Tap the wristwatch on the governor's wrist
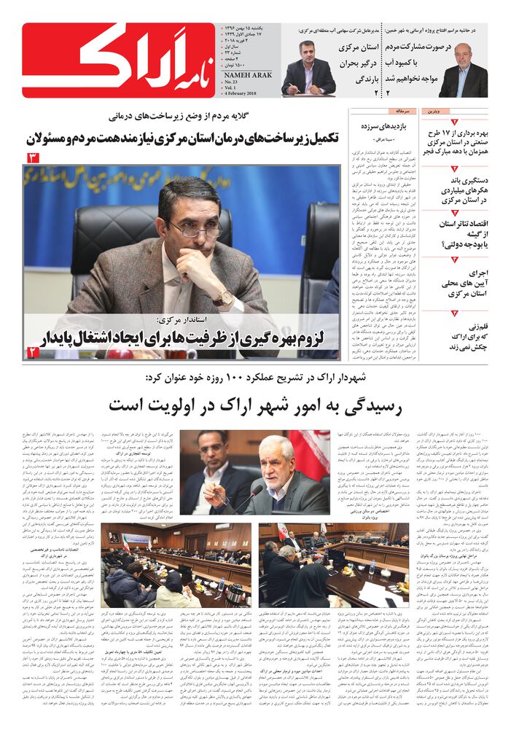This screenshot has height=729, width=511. pyautogui.click(x=221, y=298)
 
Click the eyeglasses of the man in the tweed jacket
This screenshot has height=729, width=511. pyautogui.click(x=195, y=230)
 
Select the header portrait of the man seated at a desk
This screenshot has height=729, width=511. pyautogui.click(x=308, y=69)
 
